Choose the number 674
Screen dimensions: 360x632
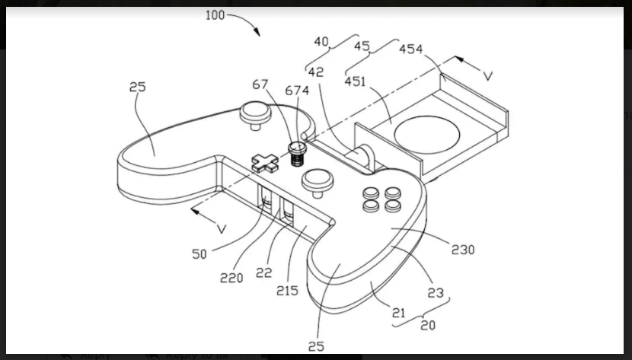(296, 91)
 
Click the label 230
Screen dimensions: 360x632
(462, 249)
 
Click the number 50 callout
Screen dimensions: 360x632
(199, 254)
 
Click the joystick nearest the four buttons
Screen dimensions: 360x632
(316, 182)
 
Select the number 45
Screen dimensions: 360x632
(362, 46)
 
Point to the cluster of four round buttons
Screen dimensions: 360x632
(381, 199)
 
